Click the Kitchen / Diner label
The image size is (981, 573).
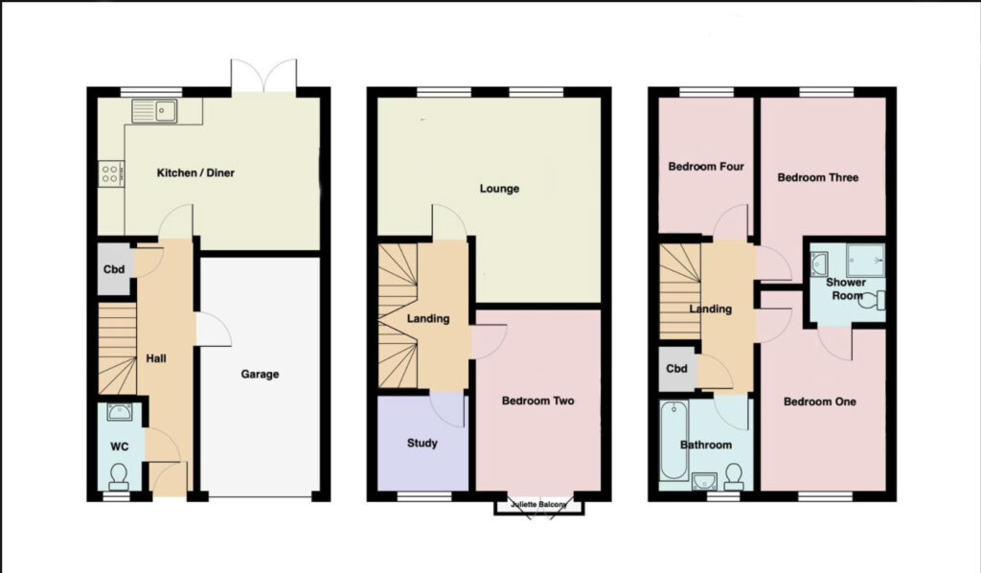(x=195, y=172)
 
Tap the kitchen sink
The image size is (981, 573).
(x=154, y=111)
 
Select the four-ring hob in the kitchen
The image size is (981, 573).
(x=110, y=173)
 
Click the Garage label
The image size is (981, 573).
(x=260, y=374)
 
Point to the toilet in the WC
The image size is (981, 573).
(x=118, y=476)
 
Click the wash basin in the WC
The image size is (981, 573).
(x=120, y=412)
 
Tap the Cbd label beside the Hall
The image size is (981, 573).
(x=114, y=269)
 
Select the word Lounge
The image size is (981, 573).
(x=499, y=189)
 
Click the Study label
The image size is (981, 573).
(x=422, y=443)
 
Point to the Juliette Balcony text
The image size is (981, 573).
(x=538, y=504)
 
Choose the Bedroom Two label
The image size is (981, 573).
(x=538, y=401)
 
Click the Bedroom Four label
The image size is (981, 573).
(x=706, y=167)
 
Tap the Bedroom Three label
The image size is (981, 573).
(x=818, y=177)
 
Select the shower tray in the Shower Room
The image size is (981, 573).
(x=866, y=261)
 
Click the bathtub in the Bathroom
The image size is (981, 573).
(x=674, y=441)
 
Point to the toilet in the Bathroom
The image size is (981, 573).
(x=734, y=476)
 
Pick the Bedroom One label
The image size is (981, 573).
(x=820, y=401)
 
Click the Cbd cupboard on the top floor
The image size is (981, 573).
(x=677, y=369)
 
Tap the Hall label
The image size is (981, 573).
(x=156, y=358)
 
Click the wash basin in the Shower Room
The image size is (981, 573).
(x=820, y=262)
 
